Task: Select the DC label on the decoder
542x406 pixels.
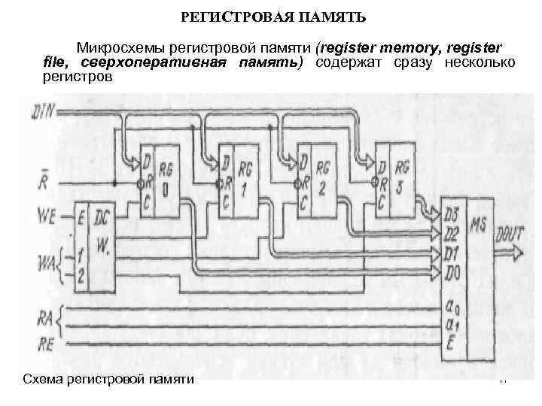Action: pyautogui.click(x=102, y=216)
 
